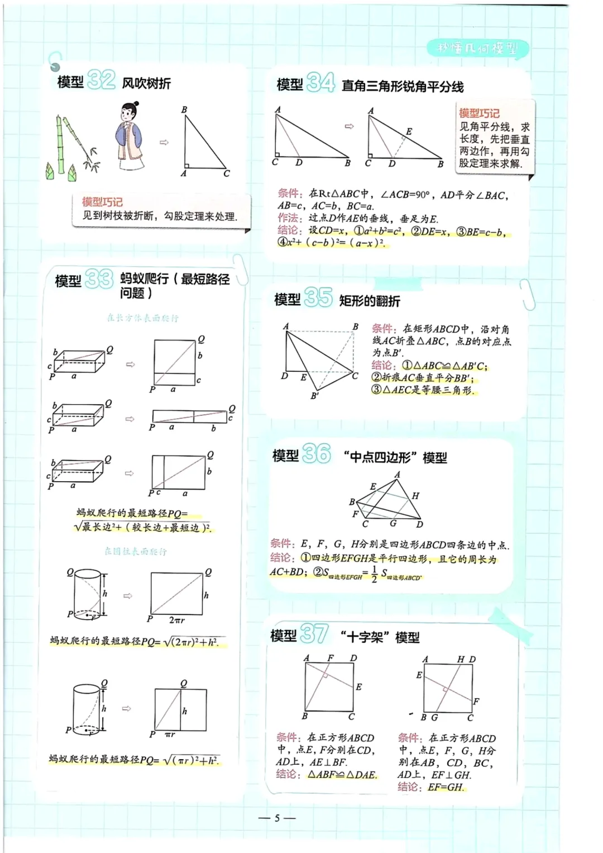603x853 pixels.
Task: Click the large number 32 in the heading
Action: (x=101, y=80)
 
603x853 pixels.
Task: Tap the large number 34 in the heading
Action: (x=320, y=83)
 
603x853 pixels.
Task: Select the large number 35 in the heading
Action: (x=318, y=297)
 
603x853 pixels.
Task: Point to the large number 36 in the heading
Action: (x=317, y=453)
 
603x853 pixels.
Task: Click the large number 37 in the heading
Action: (x=314, y=634)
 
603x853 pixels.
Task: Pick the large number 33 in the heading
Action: (x=98, y=278)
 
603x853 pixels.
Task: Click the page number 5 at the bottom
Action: (x=277, y=818)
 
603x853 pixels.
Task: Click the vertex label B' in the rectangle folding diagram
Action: (x=315, y=396)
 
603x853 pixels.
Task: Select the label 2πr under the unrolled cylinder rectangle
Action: (x=176, y=620)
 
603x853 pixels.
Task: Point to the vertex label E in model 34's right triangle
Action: (x=409, y=131)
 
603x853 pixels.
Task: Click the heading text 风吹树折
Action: (x=146, y=83)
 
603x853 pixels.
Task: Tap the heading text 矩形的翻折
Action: (x=370, y=301)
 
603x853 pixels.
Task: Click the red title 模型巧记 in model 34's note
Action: (x=479, y=113)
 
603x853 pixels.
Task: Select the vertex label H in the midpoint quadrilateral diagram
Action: (x=415, y=496)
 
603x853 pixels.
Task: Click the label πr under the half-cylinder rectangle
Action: (x=170, y=734)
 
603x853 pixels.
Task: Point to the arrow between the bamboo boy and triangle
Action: (x=164, y=143)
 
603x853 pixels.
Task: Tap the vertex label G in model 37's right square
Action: (x=434, y=717)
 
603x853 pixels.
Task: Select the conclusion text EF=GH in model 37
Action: (x=446, y=787)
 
